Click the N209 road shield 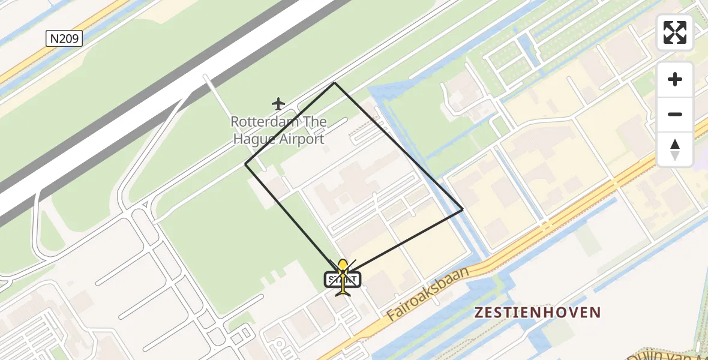pyautogui.click(x=64, y=39)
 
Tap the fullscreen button pyautogui.click(x=675, y=32)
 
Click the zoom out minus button pyautogui.click(x=675, y=114)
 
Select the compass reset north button pyautogui.click(x=675, y=149)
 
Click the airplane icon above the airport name pyautogui.click(x=278, y=104)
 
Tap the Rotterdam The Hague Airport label pyautogui.click(x=278, y=131)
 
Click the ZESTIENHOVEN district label pyautogui.click(x=537, y=312)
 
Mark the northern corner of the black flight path pyautogui.click(x=334, y=83)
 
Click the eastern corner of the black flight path pyautogui.click(x=463, y=209)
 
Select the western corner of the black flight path pyautogui.click(x=245, y=164)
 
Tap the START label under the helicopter pyautogui.click(x=343, y=280)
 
